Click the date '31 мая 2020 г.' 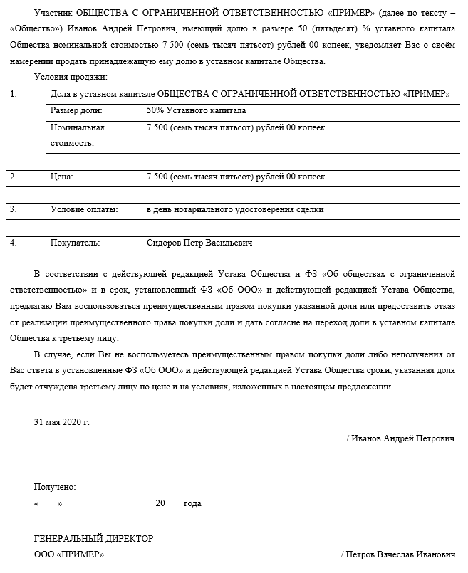coord(62,422)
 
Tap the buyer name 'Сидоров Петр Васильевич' coord(199,243)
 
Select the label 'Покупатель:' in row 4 coord(75,243)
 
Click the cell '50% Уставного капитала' coord(196,111)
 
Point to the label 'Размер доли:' coord(76,111)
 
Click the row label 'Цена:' coord(61,176)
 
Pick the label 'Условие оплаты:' coord(84,209)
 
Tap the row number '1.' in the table coord(14,94)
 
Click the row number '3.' coord(14,209)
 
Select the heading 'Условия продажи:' coord(71,77)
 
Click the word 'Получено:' coord(55,487)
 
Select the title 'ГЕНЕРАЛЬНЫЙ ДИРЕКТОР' coord(93,538)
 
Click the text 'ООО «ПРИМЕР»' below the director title coord(68,554)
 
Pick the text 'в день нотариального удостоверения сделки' coord(235,209)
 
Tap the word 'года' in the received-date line coord(192,503)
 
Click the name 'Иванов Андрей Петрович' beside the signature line coord(404,438)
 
